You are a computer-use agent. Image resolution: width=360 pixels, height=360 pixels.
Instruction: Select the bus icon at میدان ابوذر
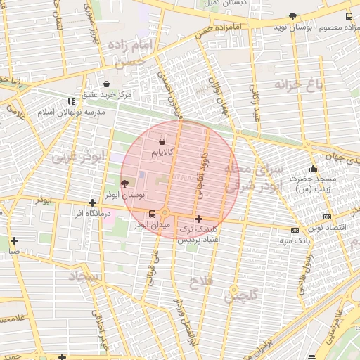coord(152,214)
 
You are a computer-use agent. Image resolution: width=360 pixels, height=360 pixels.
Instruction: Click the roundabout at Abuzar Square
coord(166,214)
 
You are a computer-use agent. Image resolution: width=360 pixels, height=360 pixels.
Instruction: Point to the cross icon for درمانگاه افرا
coord(91,202)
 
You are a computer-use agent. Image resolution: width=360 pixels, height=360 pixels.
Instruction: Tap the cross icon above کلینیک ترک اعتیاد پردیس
coord(199,219)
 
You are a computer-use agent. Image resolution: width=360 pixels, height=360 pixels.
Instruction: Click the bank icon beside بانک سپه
coord(294,230)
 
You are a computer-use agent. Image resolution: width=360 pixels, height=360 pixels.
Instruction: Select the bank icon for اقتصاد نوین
coord(326,217)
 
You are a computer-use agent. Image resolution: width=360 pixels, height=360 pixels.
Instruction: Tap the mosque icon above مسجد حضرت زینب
coord(313,168)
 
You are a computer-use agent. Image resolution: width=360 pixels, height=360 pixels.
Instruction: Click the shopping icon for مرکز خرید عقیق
coord(106,84)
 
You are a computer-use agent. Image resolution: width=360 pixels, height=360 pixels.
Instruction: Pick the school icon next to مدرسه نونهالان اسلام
coord(71,101)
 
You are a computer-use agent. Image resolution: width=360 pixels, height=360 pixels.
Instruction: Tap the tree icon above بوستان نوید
coord(292,15)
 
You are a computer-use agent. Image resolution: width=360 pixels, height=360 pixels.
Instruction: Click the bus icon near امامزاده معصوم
coord(349,16)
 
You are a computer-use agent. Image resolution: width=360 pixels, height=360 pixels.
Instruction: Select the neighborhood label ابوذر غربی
coord(75,156)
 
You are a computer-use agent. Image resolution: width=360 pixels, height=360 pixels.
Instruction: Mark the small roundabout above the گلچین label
coord(234,289)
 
